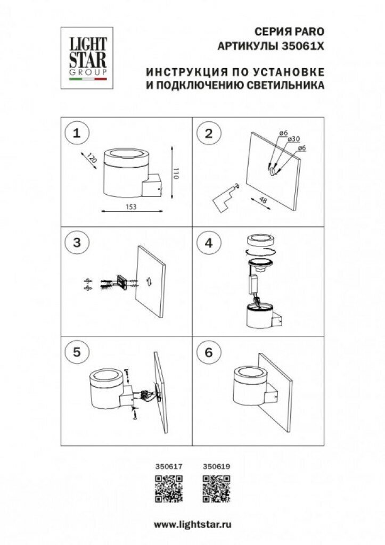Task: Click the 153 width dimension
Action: (126, 208)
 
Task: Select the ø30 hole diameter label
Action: (292, 139)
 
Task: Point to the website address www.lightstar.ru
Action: (192, 524)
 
